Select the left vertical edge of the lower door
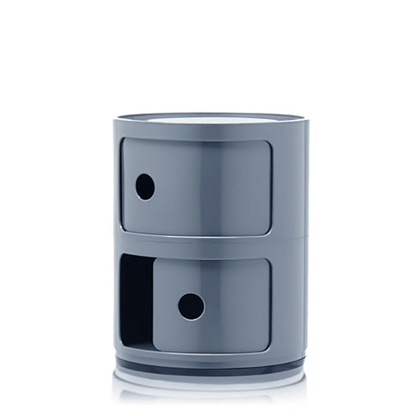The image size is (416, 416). [x=155, y=304]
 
